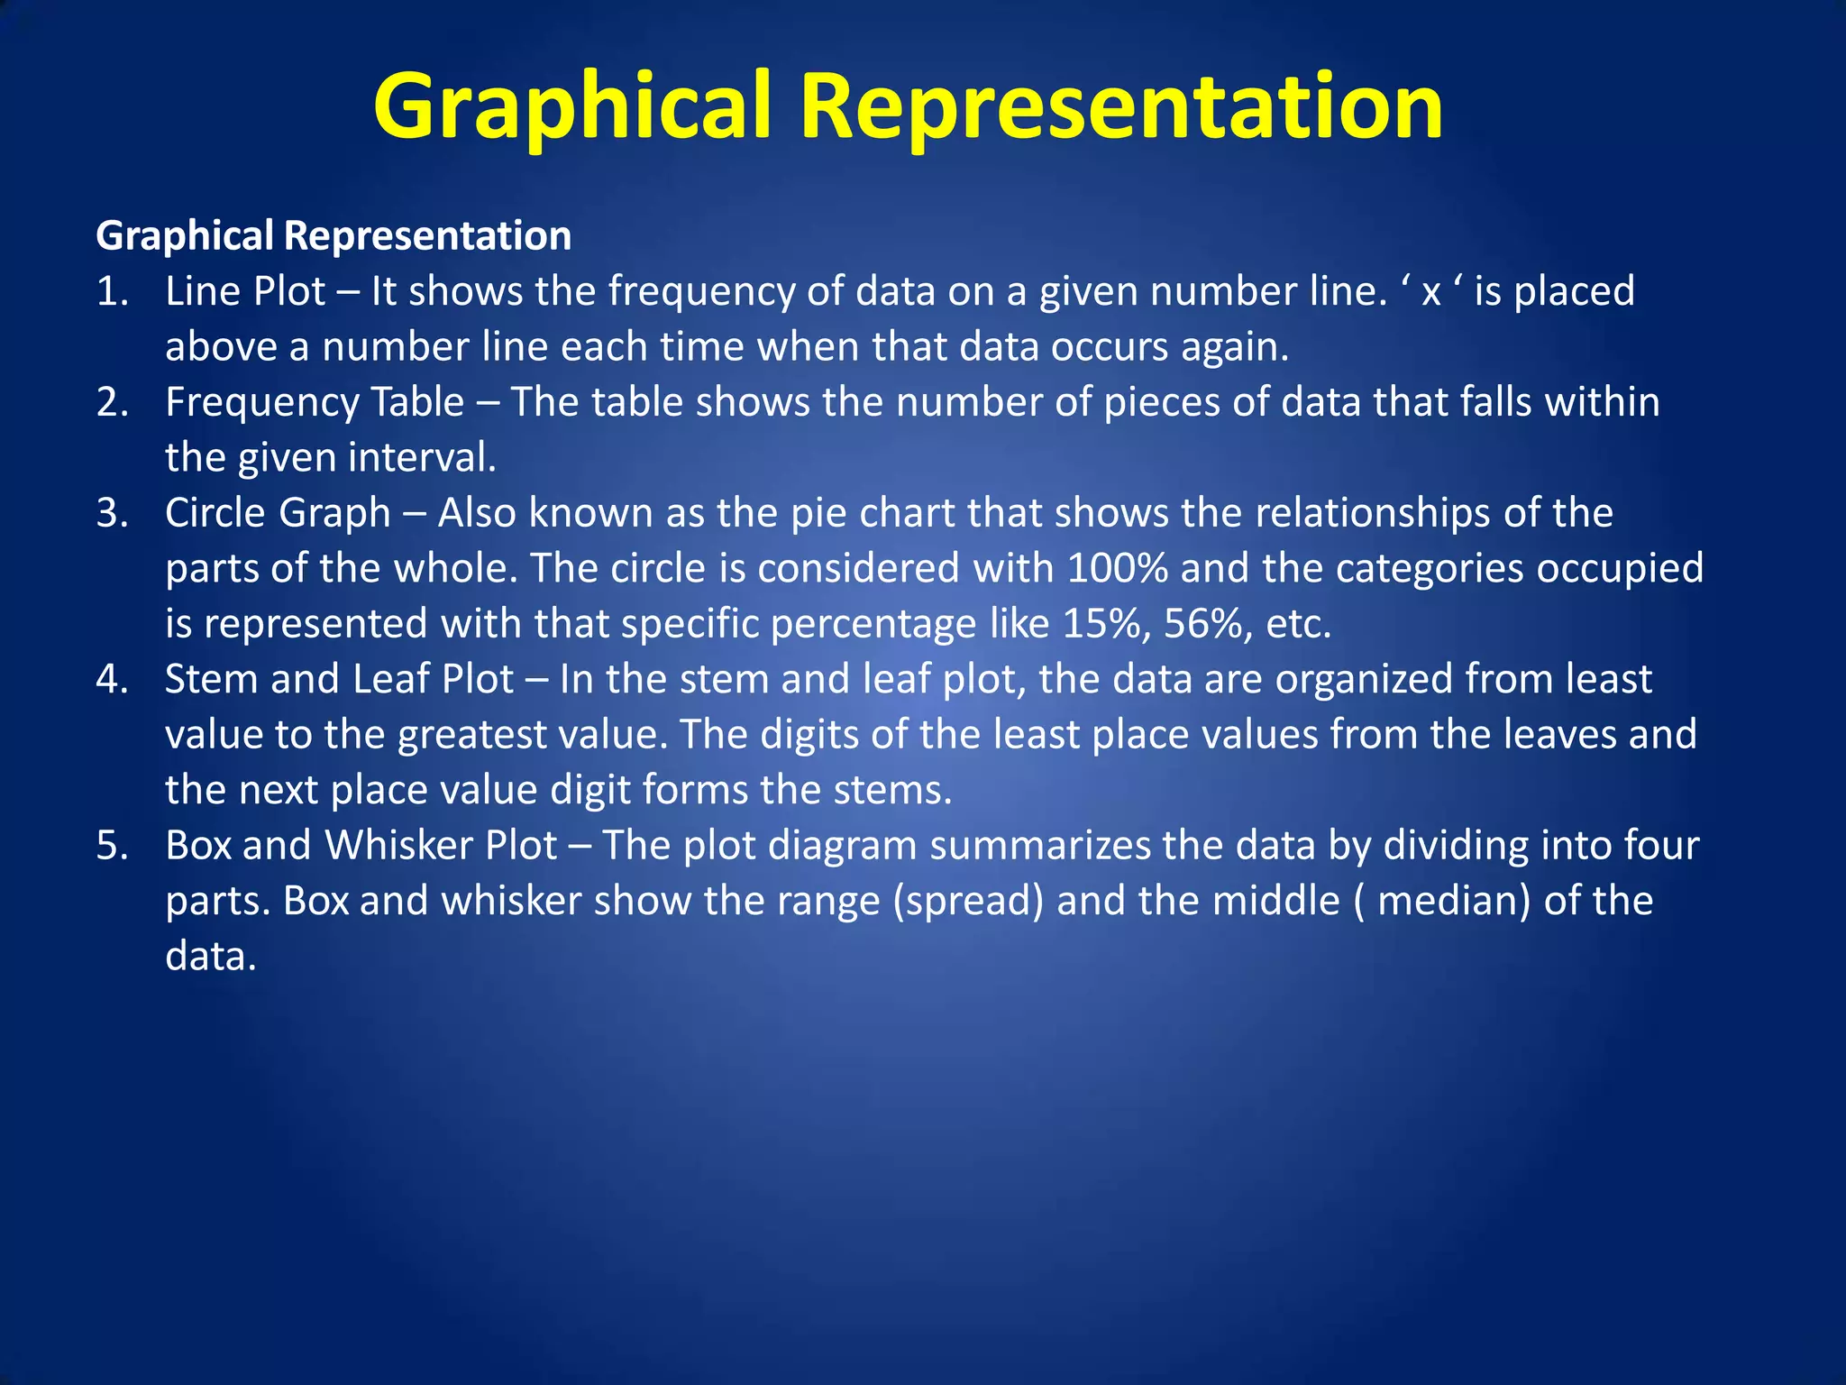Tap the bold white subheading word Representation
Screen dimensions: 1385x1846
click(x=427, y=236)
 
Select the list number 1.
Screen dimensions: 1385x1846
click(x=112, y=292)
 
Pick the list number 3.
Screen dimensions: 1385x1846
click(x=112, y=513)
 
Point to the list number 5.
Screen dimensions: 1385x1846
click(x=112, y=846)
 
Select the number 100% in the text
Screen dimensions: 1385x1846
click(x=1117, y=568)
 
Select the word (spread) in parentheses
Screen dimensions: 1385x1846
click(x=968, y=901)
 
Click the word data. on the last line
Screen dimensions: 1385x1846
click(x=211, y=957)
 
